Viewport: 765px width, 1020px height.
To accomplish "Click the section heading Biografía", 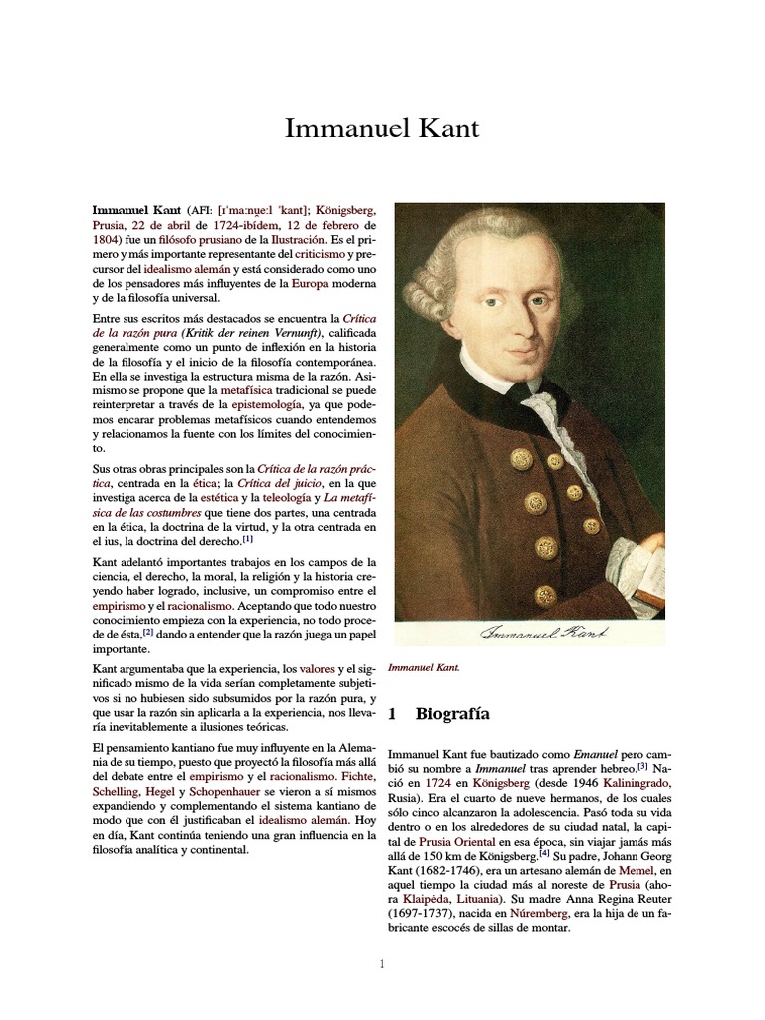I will [453, 714].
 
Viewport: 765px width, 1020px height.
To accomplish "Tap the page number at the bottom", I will [382, 964].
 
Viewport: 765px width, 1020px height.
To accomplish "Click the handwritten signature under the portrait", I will [545, 634].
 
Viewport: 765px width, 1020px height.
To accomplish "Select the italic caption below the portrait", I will [424, 667].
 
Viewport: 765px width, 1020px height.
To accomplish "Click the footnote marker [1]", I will [248, 539].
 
